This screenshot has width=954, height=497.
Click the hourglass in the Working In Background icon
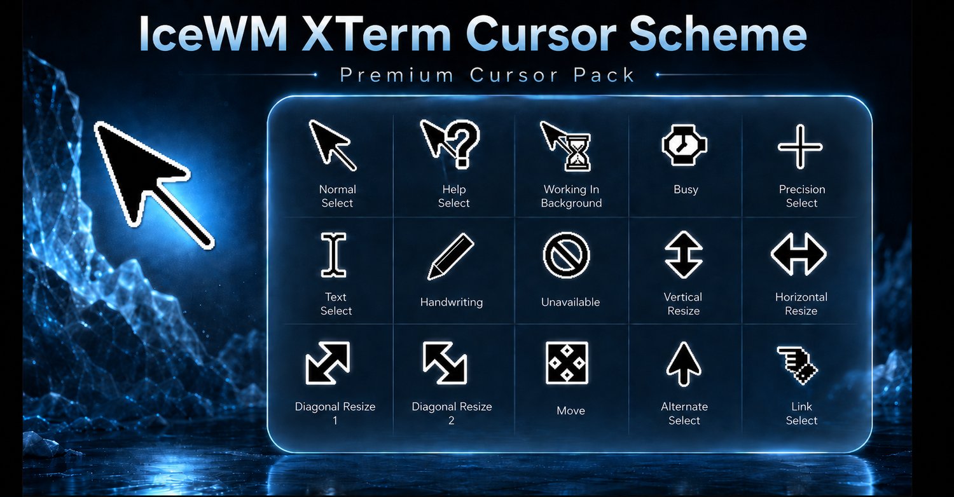(x=577, y=153)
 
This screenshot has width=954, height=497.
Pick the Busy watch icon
(x=684, y=146)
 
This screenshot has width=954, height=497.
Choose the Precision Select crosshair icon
(x=800, y=147)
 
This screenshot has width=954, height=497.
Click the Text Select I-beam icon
(x=333, y=255)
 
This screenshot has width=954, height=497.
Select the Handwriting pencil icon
(x=450, y=257)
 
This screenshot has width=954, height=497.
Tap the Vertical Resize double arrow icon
(x=684, y=254)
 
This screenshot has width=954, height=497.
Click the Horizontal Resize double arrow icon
(x=799, y=254)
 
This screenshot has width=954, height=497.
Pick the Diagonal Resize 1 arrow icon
(x=328, y=363)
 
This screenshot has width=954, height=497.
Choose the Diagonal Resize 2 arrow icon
(x=445, y=363)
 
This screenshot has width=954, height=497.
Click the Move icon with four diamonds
(x=567, y=363)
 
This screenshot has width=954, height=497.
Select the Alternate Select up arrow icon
(x=684, y=364)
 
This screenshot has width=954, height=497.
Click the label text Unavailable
(x=570, y=302)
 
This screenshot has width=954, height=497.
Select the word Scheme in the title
(x=718, y=33)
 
